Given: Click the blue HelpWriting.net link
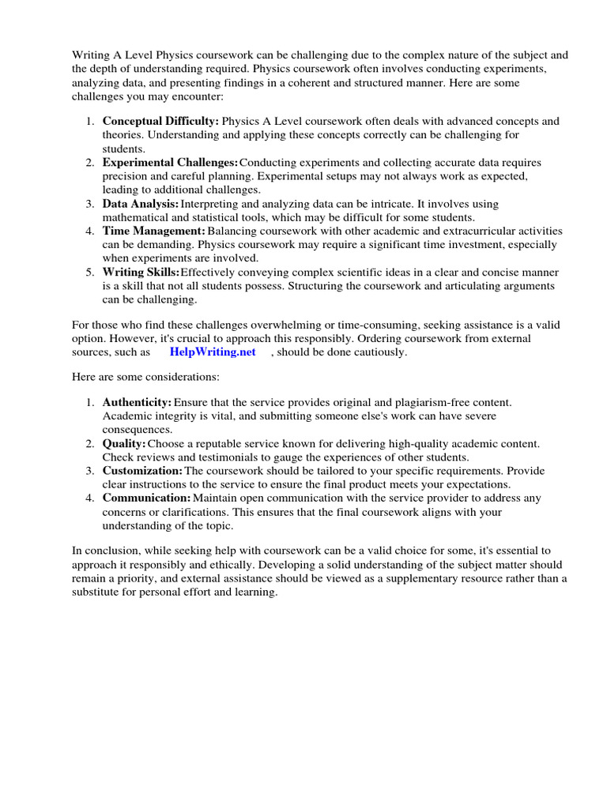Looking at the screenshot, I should pyautogui.click(x=213, y=352).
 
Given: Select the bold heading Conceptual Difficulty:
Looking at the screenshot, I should pyautogui.click(x=160, y=121).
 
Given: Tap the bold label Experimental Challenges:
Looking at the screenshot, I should pyautogui.click(x=170, y=162).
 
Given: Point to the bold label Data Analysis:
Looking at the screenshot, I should pyautogui.click(x=141, y=204).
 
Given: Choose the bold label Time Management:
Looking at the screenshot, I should pyautogui.click(x=154, y=231).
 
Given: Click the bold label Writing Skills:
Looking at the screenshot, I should pyautogui.click(x=141, y=272).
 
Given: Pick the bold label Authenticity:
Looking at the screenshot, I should pyautogui.click(x=137, y=402).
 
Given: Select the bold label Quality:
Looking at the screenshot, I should pyautogui.click(x=124, y=443).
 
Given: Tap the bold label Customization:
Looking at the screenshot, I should pyautogui.click(x=142, y=471).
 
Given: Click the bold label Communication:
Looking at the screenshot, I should pyautogui.click(x=146, y=498).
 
